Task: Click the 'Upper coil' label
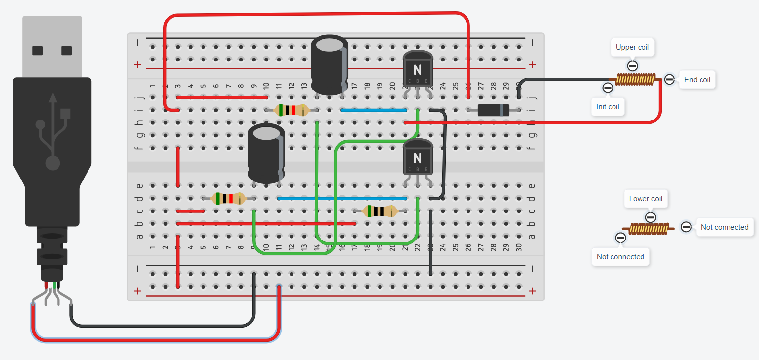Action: click(x=632, y=48)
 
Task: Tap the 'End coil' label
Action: click(x=697, y=79)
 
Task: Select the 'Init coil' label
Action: click(x=608, y=107)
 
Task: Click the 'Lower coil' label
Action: click(x=645, y=199)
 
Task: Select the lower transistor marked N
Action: click(x=418, y=157)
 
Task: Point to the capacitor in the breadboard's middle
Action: click(x=266, y=153)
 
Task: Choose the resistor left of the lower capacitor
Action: click(x=228, y=199)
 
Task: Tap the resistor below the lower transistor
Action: click(x=380, y=211)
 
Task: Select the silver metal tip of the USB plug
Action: click(x=52, y=46)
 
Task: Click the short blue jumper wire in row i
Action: click(x=374, y=110)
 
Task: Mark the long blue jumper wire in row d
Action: click(x=342, y=199)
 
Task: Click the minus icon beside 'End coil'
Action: click(x=669, y=79)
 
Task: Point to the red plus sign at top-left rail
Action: click(x=137, y=65)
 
